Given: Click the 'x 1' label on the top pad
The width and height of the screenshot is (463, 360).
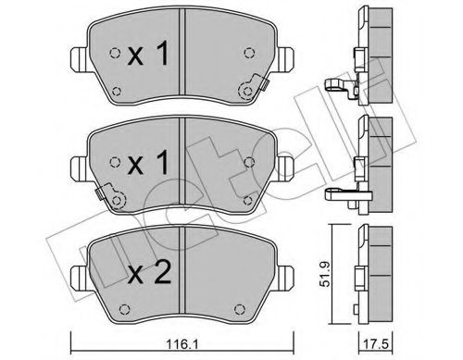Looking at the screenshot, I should tap(149, 56).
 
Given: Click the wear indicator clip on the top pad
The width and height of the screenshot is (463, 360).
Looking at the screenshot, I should tap(251, 90).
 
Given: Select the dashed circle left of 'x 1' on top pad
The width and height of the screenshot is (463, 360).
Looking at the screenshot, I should tap(114, 53).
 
